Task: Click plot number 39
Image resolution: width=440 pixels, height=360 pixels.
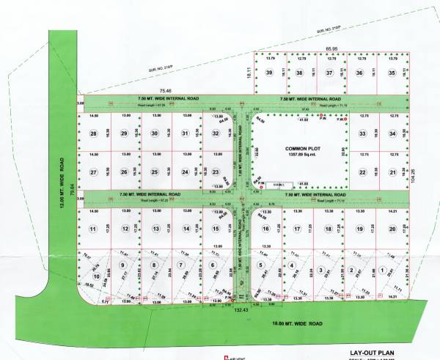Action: (270, 73)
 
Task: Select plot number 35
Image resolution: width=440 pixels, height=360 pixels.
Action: (392, 73)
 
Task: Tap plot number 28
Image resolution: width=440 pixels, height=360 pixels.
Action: (93, 133)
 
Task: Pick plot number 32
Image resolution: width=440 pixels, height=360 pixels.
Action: (216, 133)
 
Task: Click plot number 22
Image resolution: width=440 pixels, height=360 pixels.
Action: (362, 172)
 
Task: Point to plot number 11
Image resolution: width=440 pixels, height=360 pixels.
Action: (93, 229)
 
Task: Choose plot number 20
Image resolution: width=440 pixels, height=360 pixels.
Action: (392, 229)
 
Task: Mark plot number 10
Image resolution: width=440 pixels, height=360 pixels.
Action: (96, 276)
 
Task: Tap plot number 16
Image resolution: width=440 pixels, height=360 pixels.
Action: (265, 229)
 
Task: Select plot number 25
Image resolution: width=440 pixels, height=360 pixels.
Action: (154, 172)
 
